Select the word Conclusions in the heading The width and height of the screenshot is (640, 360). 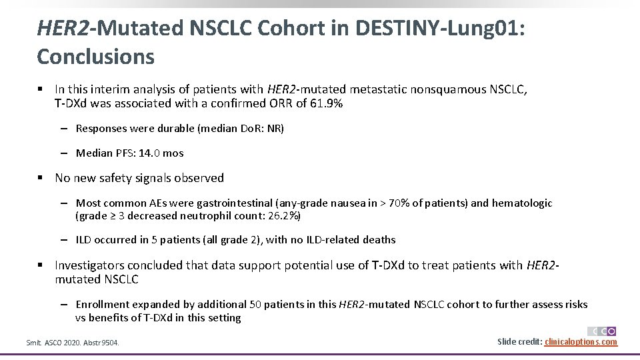(x=95, y=57)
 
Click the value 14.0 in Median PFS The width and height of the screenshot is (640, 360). (x=149, y=153)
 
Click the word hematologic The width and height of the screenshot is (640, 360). (x=522, y=203)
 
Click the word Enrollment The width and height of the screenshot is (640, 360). (x=103, y=305)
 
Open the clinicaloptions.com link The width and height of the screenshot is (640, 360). (x=581, y=342)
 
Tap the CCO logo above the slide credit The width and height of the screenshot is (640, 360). (x=601, y=331)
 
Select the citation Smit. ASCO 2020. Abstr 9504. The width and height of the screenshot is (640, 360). (x=73, y=343)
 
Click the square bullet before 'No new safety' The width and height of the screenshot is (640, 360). (x=41, y=178)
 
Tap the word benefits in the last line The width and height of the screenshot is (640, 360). (x=109, y=317)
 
